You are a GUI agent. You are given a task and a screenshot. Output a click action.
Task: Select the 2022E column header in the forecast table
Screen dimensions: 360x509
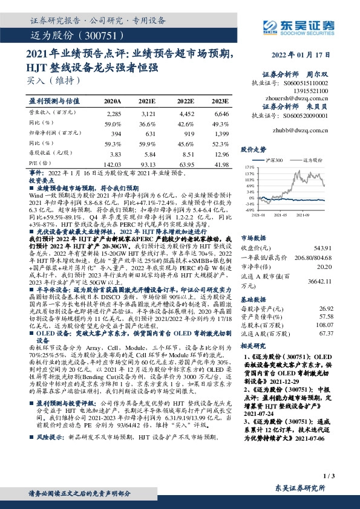[185, 102]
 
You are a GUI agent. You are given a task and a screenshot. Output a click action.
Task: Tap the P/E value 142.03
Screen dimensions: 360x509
[113, 164]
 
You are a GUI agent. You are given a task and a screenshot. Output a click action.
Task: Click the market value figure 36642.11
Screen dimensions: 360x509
[317, 281]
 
